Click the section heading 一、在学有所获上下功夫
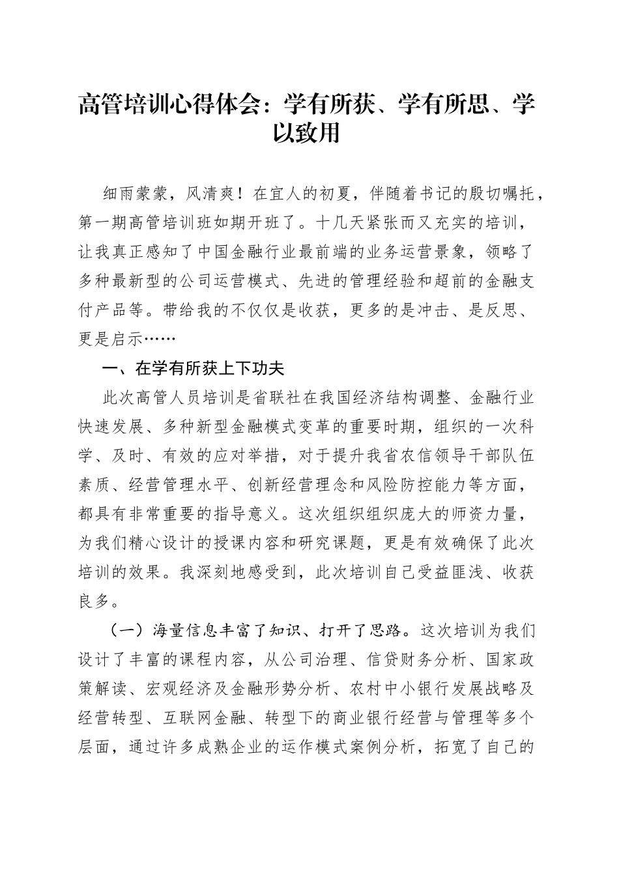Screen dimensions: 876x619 click(194, 368)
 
